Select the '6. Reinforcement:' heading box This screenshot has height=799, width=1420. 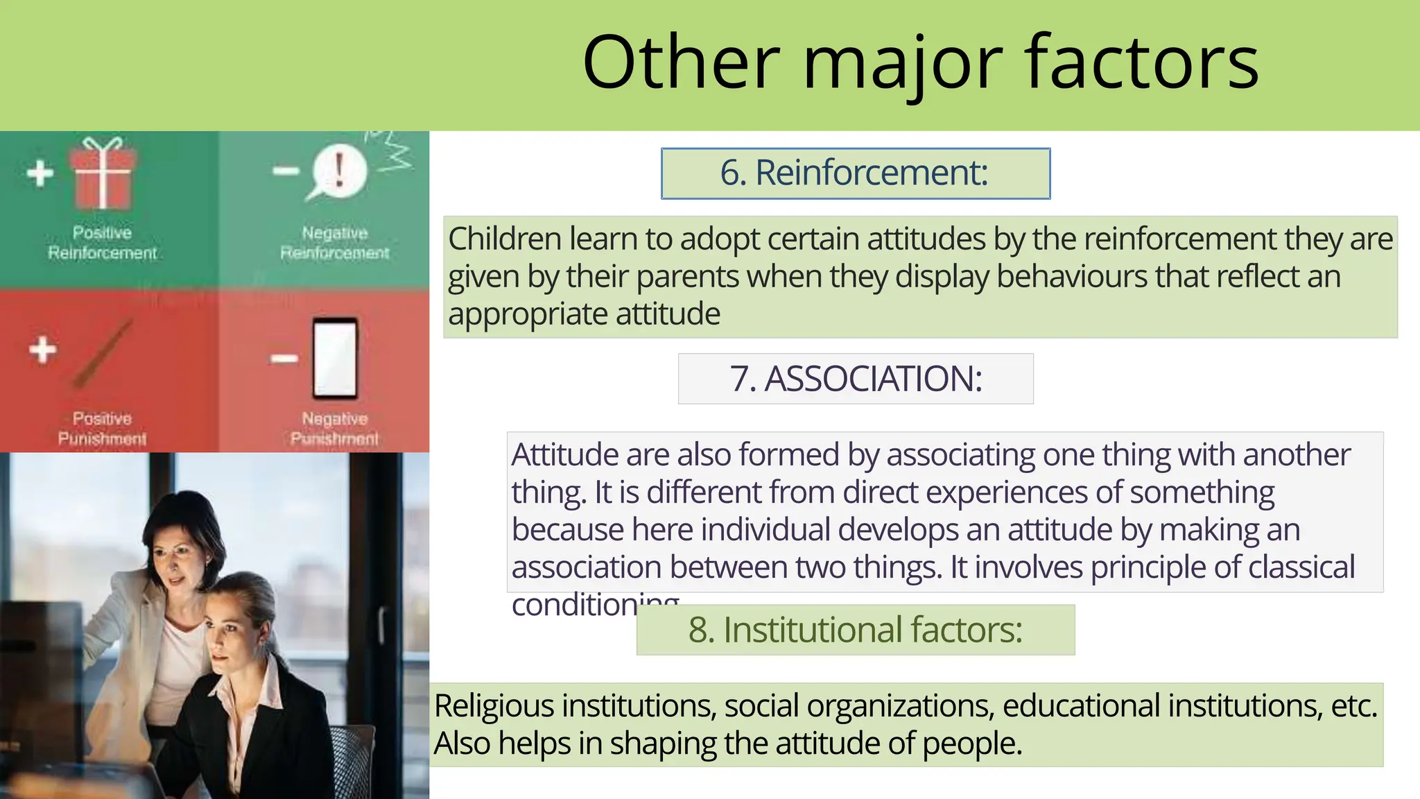click(x=855, y=173)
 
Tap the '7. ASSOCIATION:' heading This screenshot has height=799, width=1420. click(x=856, y=379)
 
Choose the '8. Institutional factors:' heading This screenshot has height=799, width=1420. click(x=855, y=630)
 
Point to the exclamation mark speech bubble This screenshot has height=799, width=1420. click(x=338, y=171)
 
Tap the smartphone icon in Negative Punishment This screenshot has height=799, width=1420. click(x=335, y=358)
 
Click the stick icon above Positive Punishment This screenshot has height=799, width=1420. click(x=104, y=353)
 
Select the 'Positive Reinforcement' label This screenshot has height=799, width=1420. click(x=103, y=243)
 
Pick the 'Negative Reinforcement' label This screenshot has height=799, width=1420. click(x=335, y=243)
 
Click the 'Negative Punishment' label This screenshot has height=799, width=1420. click(x=335, y=429)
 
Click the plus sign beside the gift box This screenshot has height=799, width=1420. click(x=40, y=173)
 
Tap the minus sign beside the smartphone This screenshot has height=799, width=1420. click(x=284, y=359)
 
